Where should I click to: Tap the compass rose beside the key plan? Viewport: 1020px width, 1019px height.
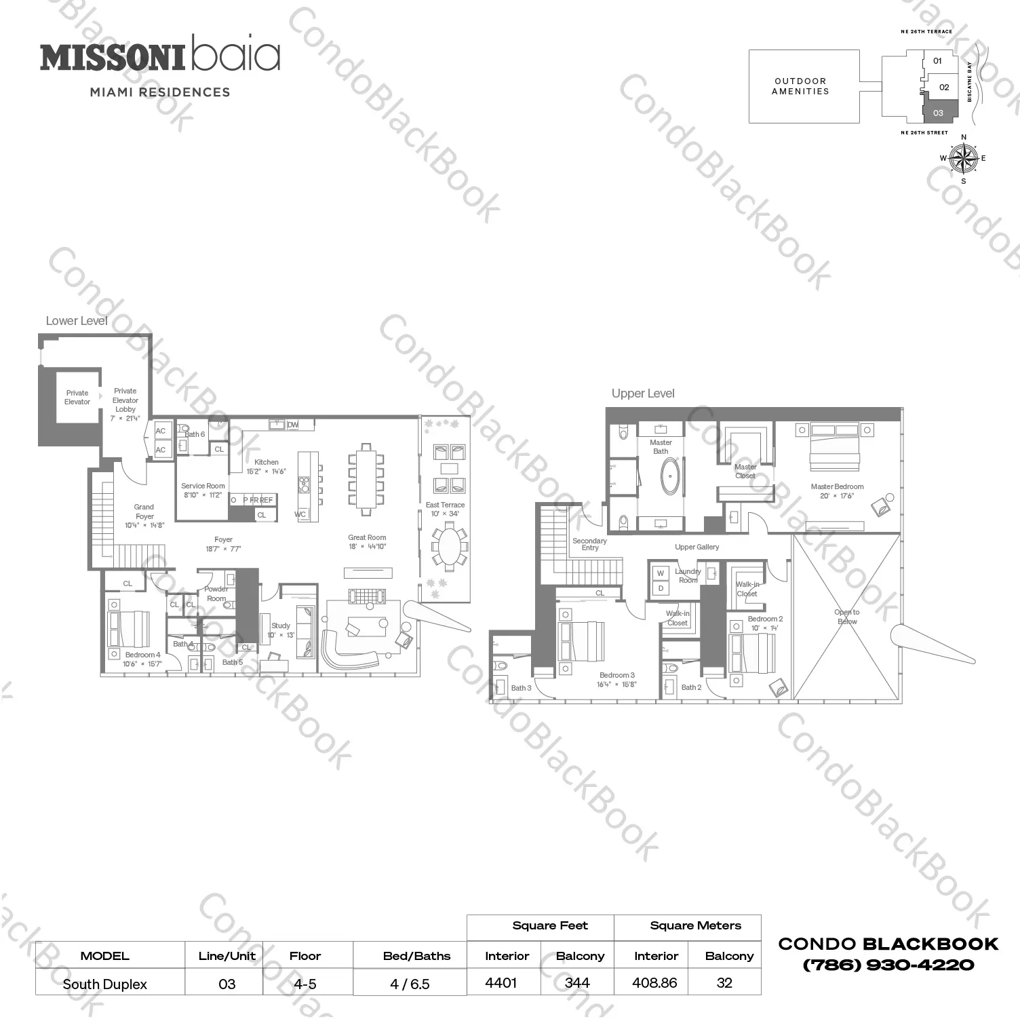click(963, 159)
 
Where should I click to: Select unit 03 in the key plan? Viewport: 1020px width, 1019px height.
click(940, 112)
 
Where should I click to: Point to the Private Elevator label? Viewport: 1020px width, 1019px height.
click(77, 398)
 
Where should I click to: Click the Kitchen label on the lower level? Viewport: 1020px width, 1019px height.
click(266, 462)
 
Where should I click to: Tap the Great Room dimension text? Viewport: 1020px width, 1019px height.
click(367, 547)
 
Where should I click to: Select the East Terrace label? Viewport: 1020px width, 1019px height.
click(445, 505)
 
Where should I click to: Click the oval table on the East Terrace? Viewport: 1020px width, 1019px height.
click(448, 546)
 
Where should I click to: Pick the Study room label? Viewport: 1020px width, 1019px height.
click(281, 626)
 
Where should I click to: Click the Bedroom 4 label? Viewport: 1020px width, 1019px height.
click(142, 655)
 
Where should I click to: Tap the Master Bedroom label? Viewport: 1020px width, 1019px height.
click(837, 486)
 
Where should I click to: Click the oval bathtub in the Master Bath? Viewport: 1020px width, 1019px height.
click(670, 476)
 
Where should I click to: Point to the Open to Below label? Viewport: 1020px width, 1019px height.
click(847, 617)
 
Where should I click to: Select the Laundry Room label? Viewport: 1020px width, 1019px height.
click(688, 576)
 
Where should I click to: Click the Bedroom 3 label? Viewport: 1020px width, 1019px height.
click(617, 675)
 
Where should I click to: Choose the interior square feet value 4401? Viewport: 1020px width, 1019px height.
click(501, 983)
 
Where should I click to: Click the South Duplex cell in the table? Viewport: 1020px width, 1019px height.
click(105, 984)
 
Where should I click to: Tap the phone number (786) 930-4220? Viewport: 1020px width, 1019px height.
click(888, 965)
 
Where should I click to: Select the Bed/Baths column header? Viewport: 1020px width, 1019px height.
click(416, 956)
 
